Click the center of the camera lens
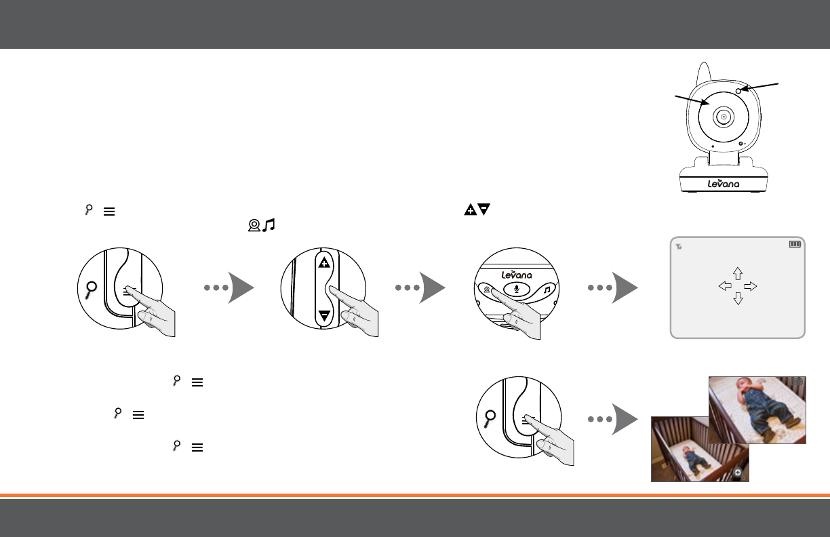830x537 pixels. (x=724, y=117)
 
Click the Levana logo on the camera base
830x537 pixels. (x=724, y=184)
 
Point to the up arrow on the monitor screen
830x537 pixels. (x=738, y=273)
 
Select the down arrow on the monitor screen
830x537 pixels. (x=738, y=298)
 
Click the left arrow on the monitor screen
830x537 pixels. (x=725, y=286)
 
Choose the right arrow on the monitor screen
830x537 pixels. (x=750, y=286)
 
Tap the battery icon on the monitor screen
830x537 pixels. (x=795, y=244)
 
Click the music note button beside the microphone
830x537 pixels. (x=546, y=288)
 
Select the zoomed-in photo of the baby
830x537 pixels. (x=757, y=410)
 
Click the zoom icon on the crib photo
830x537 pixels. (x=738, y=474)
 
